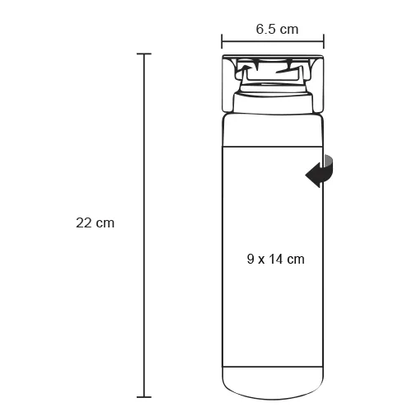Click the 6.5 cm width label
[277, 29]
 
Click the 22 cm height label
[95, 222]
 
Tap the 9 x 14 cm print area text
[276, 259]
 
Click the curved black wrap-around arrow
[320, 171]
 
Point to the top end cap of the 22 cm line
[144, 54]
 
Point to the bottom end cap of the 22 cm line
[144, 397]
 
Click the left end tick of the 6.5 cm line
[222, 41]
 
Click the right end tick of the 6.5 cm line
[324, 41]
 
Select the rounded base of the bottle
[273, 383]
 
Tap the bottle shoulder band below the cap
[273, 130]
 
